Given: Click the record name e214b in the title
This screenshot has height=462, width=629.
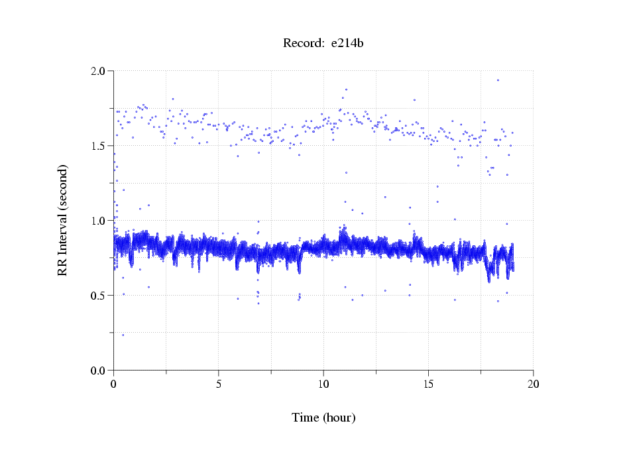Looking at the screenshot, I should [347, 44].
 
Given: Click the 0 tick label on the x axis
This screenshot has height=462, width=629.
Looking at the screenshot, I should [114, 384].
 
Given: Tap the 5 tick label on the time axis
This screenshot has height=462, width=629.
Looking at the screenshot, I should [219, 384].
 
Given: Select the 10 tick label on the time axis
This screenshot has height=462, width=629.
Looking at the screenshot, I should [323, 384].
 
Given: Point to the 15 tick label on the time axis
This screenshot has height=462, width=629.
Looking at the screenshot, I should [428, 384].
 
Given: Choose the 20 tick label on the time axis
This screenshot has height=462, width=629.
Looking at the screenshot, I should [533, 384].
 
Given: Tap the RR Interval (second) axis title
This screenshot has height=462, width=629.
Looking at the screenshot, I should [62, 220].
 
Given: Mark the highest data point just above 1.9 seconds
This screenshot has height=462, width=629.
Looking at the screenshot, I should [498, 80].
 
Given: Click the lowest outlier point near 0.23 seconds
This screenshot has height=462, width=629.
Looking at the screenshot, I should [123, 335].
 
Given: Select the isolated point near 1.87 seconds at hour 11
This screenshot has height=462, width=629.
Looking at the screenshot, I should [346, 89].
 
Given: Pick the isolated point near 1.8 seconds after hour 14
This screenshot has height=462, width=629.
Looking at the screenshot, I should [414, 100].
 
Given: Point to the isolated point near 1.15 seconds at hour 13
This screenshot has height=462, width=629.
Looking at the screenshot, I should [385, 197].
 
